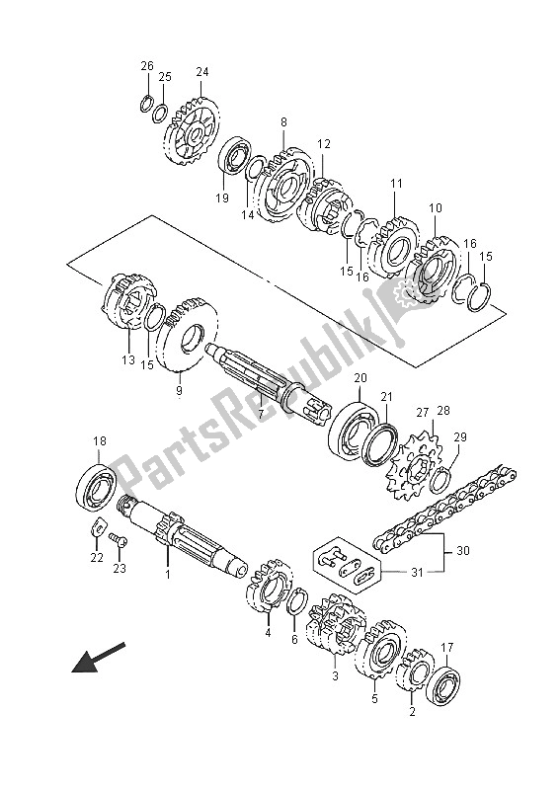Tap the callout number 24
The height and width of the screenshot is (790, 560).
click(201, 71)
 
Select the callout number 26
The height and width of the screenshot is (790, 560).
click(147, 66)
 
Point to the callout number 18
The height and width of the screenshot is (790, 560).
click(99, 441)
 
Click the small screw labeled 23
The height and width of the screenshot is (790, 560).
click(120, 539)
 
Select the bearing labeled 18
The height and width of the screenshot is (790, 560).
click(96, 485)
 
